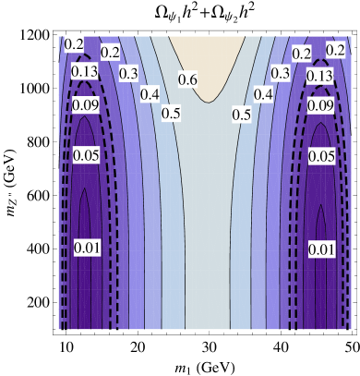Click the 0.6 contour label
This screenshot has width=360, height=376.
187,79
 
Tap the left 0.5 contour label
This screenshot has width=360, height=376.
171,114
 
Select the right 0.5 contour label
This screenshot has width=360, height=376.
242,115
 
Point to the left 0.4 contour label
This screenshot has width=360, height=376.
150,94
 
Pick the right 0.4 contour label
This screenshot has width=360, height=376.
263,94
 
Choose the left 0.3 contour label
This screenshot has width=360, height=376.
128,73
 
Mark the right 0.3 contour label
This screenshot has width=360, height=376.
281,73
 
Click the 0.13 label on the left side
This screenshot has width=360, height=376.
85,72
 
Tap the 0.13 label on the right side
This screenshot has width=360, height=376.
320,75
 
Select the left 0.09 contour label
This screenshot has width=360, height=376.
86,105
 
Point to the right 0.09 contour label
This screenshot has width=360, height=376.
320,105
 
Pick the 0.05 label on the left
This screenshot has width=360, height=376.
85,155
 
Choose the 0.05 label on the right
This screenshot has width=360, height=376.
321,157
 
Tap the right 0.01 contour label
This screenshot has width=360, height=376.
321,249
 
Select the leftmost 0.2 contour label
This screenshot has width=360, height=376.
74,44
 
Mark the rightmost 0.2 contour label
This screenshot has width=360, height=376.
335,49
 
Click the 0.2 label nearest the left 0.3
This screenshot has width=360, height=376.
110,53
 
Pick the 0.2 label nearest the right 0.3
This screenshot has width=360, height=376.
301,54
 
